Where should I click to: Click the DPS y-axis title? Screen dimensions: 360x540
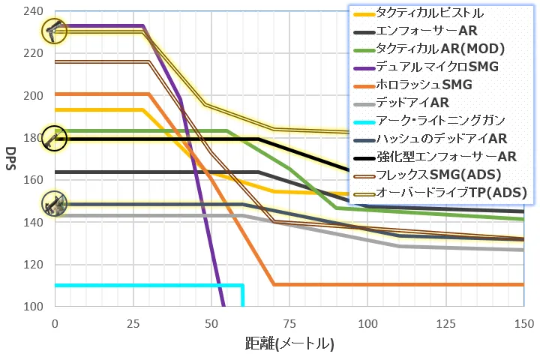pos(10,158)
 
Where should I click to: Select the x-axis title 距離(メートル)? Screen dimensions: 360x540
pos(289,344)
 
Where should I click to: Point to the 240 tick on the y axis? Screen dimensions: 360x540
pos(34,11)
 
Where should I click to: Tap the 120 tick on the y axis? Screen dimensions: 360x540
pos(34,265)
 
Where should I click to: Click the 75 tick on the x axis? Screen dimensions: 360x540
pos(289,323)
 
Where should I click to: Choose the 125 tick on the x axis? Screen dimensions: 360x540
pos(445,323)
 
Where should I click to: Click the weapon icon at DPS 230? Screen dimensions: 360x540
pos(54,31)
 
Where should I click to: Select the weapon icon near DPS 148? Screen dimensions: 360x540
pos(54,203)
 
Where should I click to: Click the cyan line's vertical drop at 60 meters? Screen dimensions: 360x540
pos(242,296)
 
